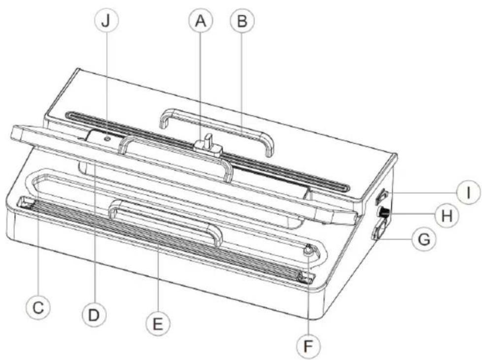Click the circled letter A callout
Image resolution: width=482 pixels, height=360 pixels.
click(201, 21)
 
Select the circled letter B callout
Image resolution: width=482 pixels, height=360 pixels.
click(242, 21)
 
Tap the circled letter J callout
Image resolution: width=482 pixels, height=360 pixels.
click(105, 21)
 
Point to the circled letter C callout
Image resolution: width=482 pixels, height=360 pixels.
click(38, 307)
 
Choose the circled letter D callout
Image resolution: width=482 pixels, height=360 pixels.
click(94, 315)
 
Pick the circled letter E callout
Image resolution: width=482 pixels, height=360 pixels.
click(158, 323)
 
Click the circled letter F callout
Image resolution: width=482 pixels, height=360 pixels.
click(308, 346)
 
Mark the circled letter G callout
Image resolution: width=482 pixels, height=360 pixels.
click(424, 239)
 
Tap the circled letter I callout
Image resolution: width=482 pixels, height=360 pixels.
click(469, 193)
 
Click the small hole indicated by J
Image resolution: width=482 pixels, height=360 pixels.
click(107, 139)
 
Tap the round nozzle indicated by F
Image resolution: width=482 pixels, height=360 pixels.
click(308, 251)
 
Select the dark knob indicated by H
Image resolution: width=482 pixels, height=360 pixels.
click(384, 212)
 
